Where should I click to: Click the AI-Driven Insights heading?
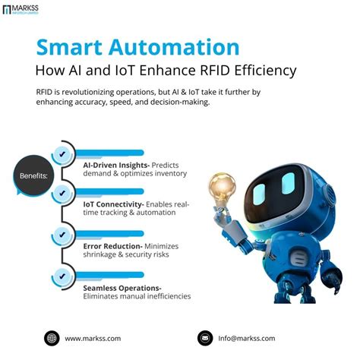click(115, 164)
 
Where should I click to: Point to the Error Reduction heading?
click(113, 247)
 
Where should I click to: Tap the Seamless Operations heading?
click(122, 288)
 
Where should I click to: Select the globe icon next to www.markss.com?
click(52, 338)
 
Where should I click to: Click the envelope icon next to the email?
click(204, 338)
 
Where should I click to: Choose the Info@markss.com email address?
click(247, 338)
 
